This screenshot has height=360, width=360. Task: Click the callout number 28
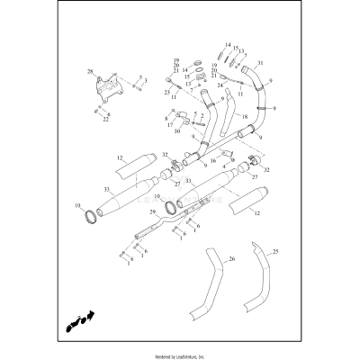tap(90, 70)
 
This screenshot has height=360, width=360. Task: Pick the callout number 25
tap(275, 251)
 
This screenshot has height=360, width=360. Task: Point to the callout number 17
tap(169, 125)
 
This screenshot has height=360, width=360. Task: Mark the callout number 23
tap(166, 91)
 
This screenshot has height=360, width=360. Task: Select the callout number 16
tap(212, 160)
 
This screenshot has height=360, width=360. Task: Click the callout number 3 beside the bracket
tap(146, 81)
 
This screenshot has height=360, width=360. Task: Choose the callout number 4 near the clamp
tap(223, 166)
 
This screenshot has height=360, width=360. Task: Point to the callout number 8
tap(166, 117)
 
